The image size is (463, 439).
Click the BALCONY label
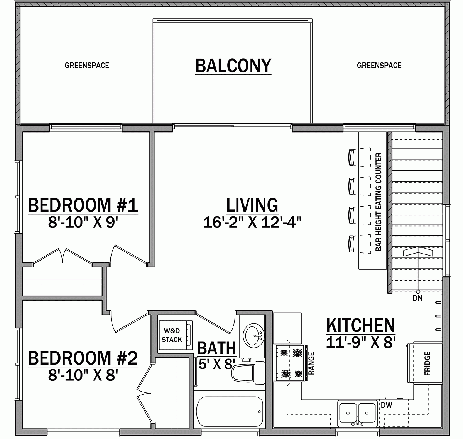tap(233, 66)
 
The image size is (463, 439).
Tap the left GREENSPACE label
tap(86, 66)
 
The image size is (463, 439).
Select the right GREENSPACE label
tap(379, 66)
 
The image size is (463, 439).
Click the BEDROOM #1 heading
tap(83, 205)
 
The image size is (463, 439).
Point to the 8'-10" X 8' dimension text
tap(83, 375)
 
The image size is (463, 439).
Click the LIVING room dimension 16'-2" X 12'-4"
tap(252, 222)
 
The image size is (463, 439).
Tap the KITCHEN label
tap(361, 326)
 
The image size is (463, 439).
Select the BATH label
tap(216, 348)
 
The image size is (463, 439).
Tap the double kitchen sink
tap(357, 412)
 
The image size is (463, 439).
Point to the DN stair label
tap(417, 298)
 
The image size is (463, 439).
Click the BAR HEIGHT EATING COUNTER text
tap(379, 202)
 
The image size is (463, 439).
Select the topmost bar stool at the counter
tap(351, 157)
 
